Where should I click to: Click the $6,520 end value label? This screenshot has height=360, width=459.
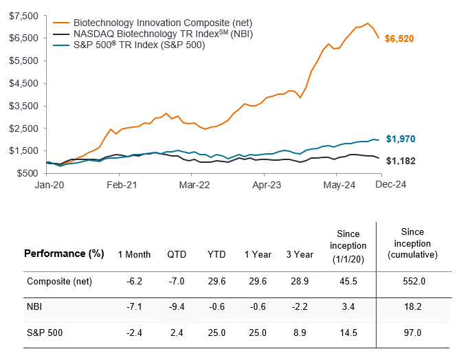pos(399,38)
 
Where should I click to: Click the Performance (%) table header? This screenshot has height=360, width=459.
pos(64,254)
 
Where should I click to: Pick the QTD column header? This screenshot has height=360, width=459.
pos(177,254)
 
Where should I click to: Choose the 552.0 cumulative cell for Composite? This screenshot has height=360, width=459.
pos(414,281)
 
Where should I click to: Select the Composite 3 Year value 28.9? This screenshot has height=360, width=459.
pos(298,281)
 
